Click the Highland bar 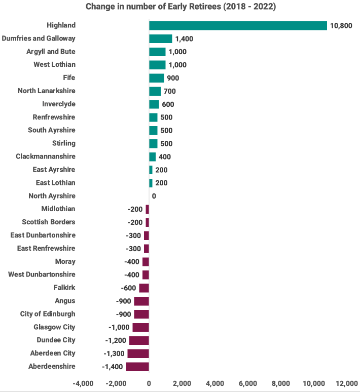point(238,25)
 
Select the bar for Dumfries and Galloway point(160,38)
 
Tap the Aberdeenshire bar point(137,367)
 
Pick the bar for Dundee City point(139,340)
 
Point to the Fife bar point(156,78)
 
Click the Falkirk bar point(144,288)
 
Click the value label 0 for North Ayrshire point(154,196)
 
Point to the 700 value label point(170,91)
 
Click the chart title point(181,7)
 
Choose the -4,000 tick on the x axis point(83,383)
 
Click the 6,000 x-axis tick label point(248,383)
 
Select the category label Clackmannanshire point(46,156)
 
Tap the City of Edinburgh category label point(48,314)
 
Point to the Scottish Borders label point(49,222)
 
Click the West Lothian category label point(54,65)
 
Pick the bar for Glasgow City point(140,327)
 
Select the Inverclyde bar point(154,104)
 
